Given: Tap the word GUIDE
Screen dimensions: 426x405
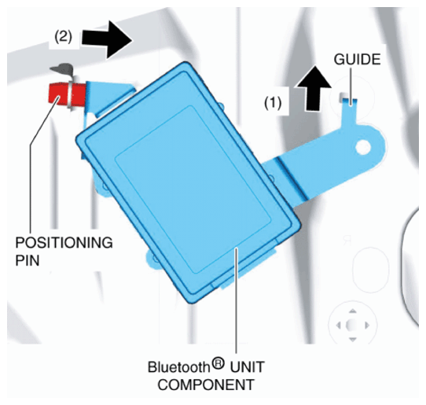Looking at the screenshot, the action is tap(357, 60).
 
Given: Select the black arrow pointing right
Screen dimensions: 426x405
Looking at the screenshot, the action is tap(107, 39).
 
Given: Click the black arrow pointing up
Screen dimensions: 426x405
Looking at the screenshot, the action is tap(314, 88).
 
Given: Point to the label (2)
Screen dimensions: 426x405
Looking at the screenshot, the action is tap(64, 37).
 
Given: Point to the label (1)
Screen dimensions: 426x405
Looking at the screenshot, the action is tap(273, 103).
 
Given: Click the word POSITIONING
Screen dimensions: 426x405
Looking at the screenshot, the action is tap(64, 242).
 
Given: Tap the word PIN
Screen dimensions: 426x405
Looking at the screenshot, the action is tap(28, 260).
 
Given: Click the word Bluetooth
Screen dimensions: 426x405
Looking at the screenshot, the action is tap(178, 367).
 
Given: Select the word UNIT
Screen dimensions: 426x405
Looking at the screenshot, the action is tap(247, 367).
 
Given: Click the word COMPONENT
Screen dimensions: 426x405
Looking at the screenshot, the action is tap(206, 385).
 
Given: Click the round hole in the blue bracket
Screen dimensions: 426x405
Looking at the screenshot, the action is tap(363, 147).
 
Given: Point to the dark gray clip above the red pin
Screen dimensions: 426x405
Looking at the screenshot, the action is tap(63, 68).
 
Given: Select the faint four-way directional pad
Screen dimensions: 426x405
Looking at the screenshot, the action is tap(352, 325).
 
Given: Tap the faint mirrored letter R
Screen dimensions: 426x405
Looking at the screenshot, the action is tap(347, 241).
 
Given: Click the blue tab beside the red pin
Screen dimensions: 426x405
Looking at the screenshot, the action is tap(108, 95).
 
